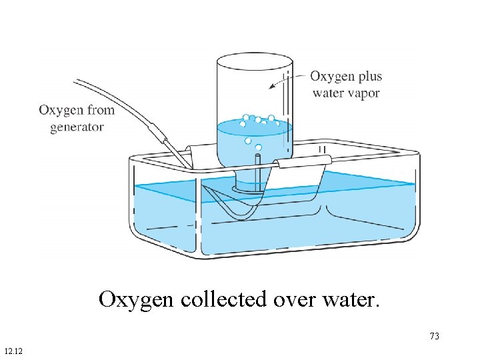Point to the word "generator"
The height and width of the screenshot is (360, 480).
point(77,127)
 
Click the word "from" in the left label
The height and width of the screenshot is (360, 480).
point(99,109)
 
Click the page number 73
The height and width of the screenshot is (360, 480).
point(435,336)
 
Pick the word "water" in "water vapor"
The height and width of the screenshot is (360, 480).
point(327,93)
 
